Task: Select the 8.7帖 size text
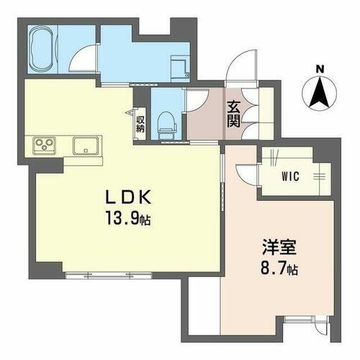click(277, 271)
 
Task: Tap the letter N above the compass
click(320, 69)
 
